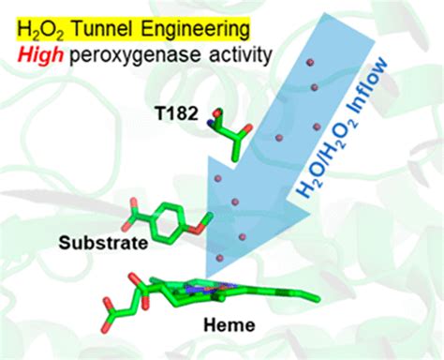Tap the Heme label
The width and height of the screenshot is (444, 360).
click(x=228, y=328)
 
